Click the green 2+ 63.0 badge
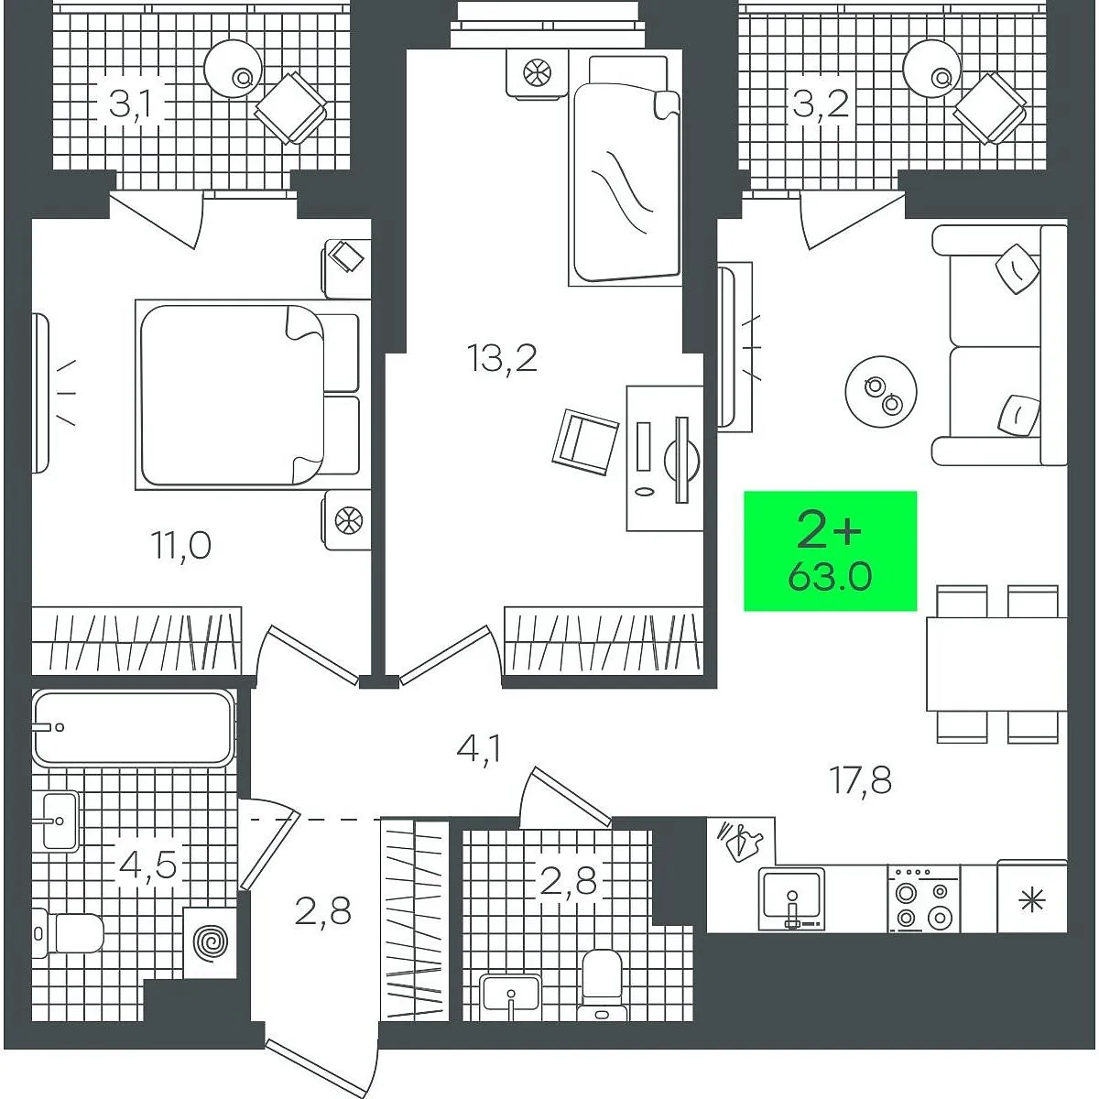(x=830, y=551)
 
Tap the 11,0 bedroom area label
(x=180, y=546)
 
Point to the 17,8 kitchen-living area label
(x=861, y=780)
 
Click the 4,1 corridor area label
(x=479, y=748)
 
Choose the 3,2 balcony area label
(x=822, y=105)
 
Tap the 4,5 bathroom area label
(x=147, y=865)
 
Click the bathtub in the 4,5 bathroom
(x=134, y=728)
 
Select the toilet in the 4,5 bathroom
(x=67, y=933)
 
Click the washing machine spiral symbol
(x=211, y=942)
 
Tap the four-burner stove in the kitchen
(x=923, y=898)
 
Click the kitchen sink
(x=791, y=898)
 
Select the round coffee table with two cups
(x=881, y=392)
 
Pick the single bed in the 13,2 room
(x=626, y=170)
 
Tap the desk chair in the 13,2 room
(x=586, y=442)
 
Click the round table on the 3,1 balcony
(x=233, y=68)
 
